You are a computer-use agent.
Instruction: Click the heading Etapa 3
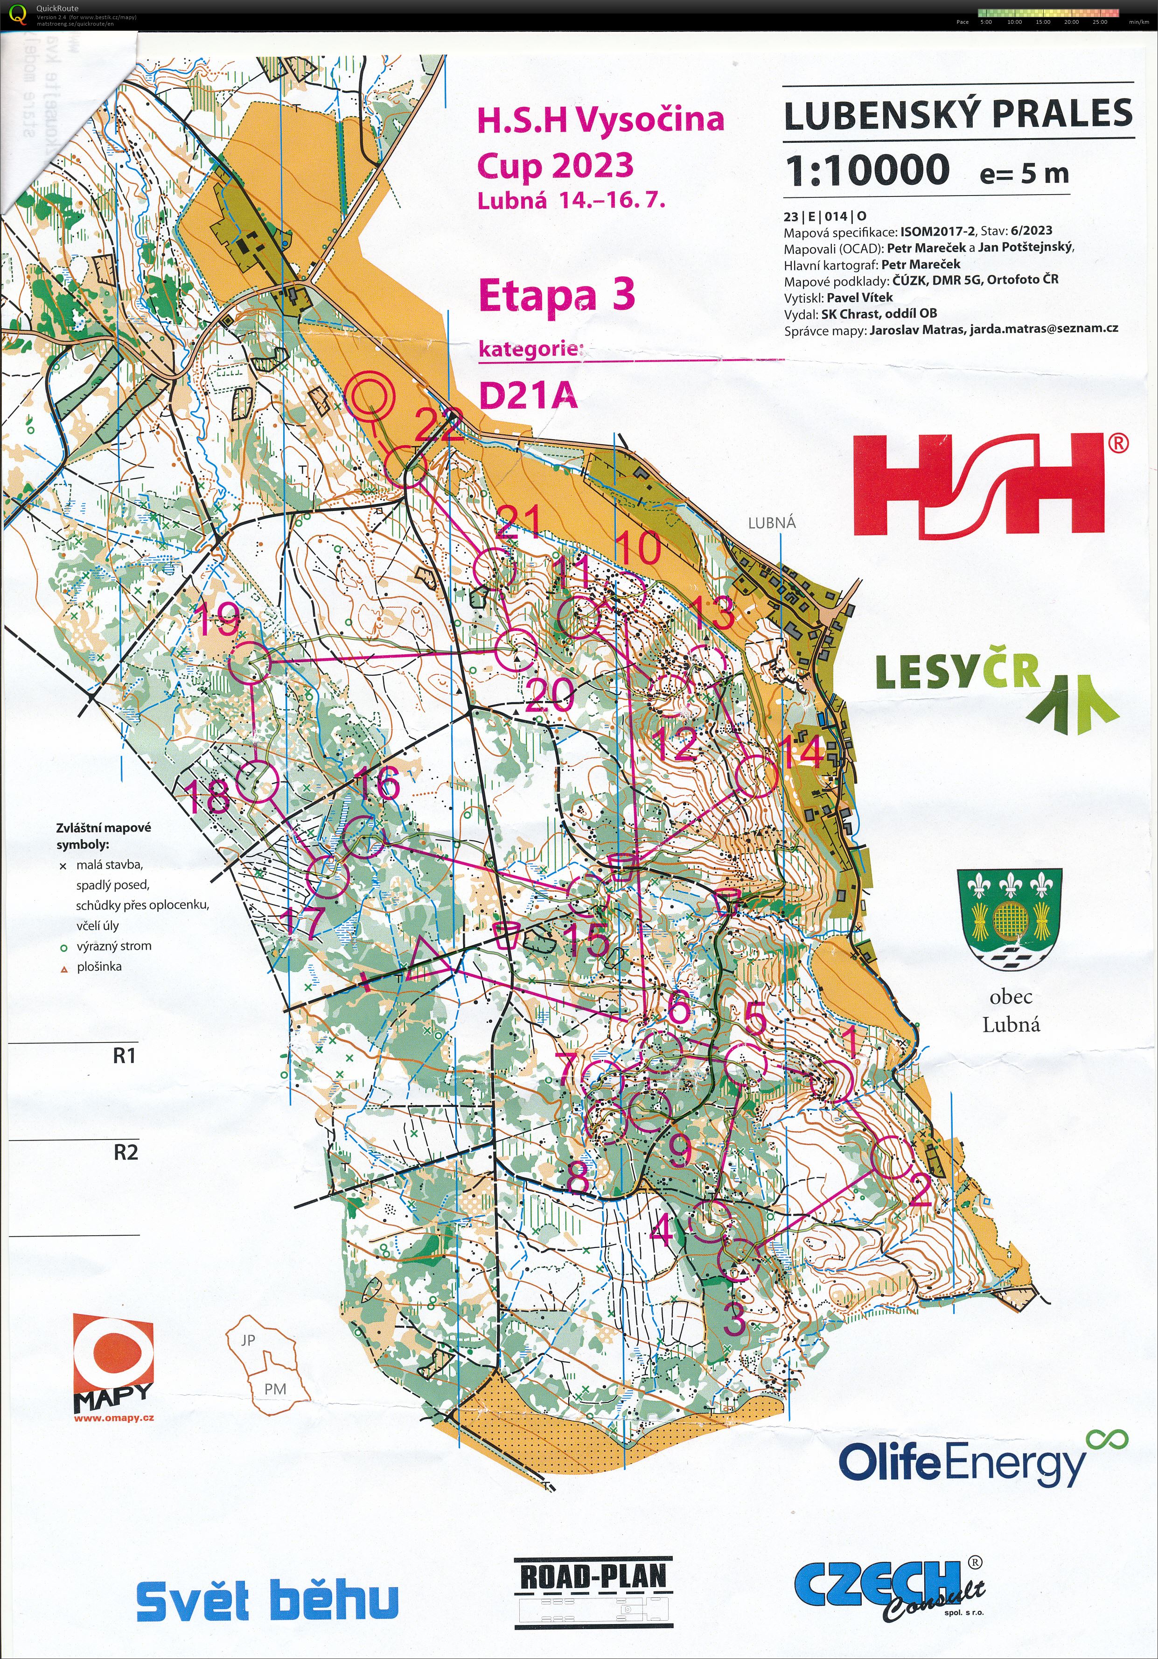coord(556,295)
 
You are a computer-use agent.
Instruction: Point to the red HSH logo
coord(979,485)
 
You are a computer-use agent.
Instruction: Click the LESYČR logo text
coord(957,672)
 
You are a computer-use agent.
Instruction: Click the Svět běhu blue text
coord(267,1599)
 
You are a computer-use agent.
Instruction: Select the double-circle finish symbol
coord(370,396)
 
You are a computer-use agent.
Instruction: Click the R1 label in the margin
coord(124,1056)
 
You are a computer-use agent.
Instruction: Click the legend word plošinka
coord(99,966)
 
